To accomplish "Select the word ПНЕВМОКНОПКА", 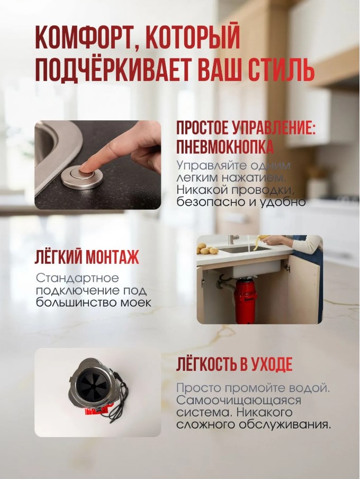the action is (224, 147).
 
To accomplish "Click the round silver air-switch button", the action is (82, 177).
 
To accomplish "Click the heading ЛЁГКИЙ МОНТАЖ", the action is (87, 257).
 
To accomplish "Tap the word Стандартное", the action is (77, 278).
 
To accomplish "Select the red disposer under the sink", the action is (246, 300).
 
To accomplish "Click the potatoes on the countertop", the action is (208, 249).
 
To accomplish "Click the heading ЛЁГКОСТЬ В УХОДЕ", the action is (234, 364).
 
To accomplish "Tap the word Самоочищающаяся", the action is (238, 401).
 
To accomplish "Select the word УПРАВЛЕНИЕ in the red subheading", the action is (274, 128).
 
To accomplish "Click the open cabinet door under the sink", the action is (303, 290).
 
